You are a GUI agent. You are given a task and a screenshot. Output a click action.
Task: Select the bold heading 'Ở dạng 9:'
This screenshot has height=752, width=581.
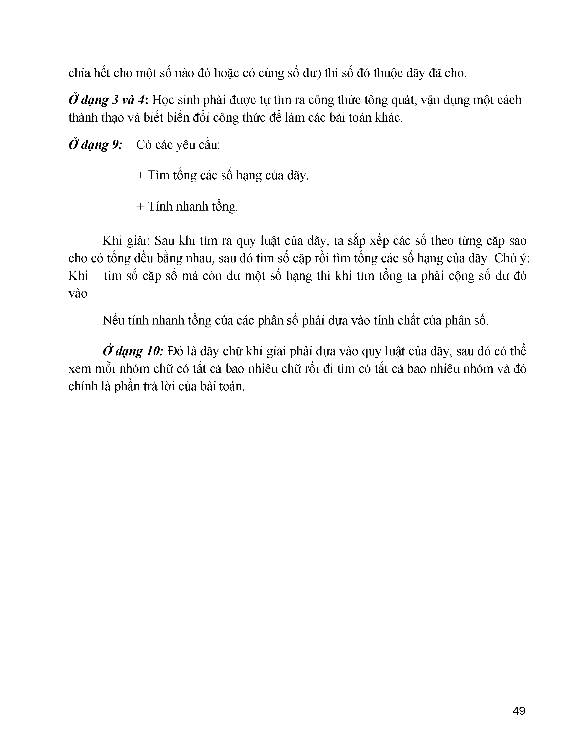95,145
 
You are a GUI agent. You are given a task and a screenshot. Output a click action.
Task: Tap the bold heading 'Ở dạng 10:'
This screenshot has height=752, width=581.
133,351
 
